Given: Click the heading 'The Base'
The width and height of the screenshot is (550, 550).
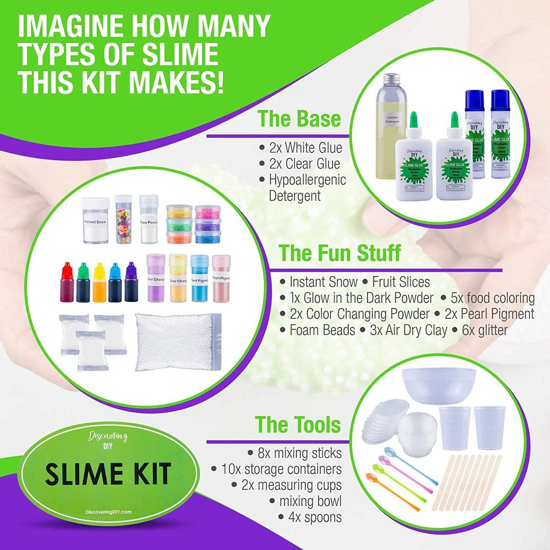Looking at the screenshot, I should (299, 119).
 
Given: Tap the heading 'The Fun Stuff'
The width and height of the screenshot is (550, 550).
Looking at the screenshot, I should (340, 253).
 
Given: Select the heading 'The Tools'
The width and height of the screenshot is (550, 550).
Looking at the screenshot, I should (298, 425).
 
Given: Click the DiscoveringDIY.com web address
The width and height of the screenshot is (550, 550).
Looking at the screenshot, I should (108, 512).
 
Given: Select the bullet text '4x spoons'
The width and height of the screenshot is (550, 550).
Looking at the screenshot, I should (315, 517).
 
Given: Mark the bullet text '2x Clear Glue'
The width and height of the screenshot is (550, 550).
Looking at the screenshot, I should (304, 164).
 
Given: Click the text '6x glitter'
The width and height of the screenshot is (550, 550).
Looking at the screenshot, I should (485, 330).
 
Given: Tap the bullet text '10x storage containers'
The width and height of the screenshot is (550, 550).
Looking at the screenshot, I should (281, 469).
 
